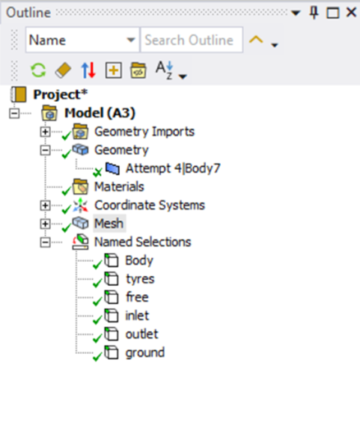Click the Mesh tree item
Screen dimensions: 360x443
109,224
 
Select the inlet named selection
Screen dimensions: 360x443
137,316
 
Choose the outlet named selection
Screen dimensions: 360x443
142,334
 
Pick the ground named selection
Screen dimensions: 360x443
145,353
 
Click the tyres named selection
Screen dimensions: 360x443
140,279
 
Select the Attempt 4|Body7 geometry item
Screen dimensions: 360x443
173,168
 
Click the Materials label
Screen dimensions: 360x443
119,187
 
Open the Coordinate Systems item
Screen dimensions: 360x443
150,205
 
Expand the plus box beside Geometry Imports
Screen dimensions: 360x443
45,132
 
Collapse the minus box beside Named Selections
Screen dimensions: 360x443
45,242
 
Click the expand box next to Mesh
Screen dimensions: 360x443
45,224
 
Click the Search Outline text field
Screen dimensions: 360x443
192,40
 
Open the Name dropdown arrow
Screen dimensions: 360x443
130,40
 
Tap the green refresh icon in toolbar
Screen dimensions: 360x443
38,70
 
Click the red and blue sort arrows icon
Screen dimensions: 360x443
88,70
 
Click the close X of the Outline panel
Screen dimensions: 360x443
351,12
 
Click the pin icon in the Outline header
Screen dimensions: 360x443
314,13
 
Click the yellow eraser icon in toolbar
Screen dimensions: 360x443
63,70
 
